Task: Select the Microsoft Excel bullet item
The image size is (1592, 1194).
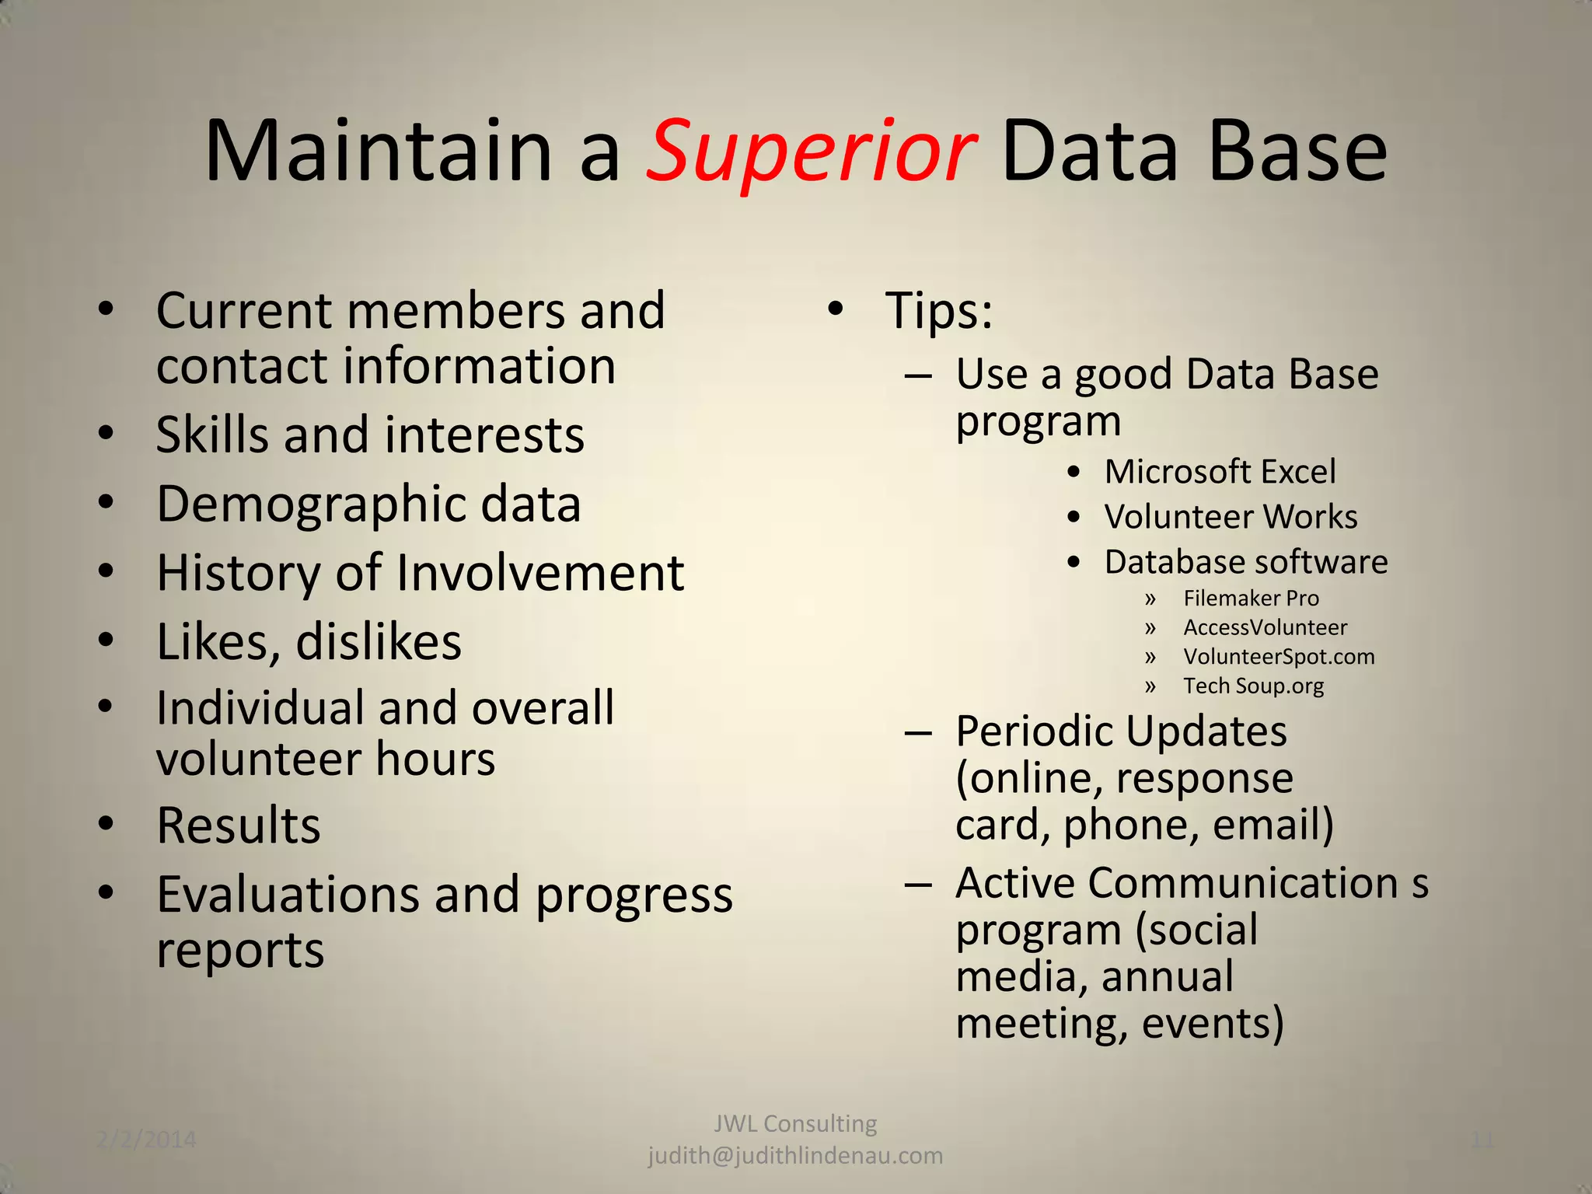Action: (x=1220, y=472)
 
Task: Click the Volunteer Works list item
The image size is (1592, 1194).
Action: (x=1231, y=517)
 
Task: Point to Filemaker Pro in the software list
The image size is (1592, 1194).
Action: (x=1251, y=598)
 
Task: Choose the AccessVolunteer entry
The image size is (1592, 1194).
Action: (x=1265, y=627)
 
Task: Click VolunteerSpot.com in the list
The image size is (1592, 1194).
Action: (x=1279, y=657)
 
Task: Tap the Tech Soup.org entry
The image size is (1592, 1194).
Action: (x=1253, y=686)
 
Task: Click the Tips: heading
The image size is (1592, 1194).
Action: (x=938, y=311)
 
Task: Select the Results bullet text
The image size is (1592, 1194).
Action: (x=238, y=826)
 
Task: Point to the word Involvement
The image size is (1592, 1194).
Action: (x=539, y=574)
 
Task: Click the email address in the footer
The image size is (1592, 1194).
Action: (x=795, y=1156)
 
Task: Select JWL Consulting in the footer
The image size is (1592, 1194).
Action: (x=795, y=1123)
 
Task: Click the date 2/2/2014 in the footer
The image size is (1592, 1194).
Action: (x=146, y=1140)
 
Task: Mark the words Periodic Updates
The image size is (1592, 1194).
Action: (x=1121, y=731)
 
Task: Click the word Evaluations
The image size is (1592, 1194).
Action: (x=288, y=895)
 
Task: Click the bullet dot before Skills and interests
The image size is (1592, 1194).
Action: (x=106, y=433)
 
